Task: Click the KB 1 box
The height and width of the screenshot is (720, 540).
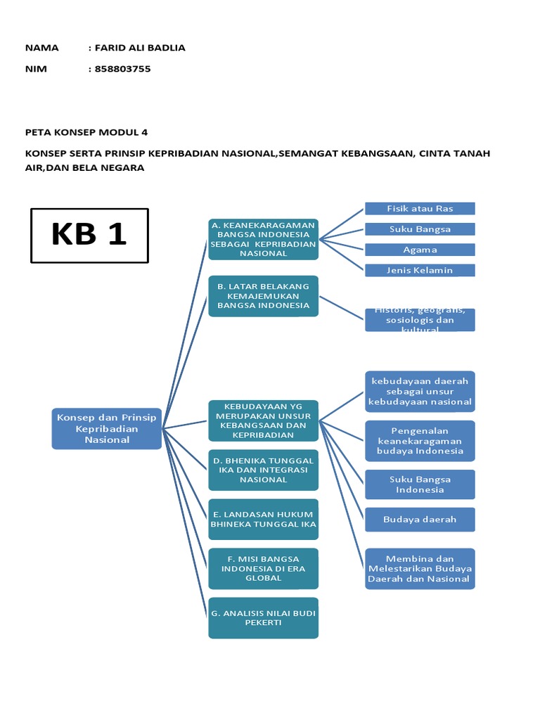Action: (89, 235)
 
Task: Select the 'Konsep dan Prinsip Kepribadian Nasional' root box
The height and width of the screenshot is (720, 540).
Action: (108, 428)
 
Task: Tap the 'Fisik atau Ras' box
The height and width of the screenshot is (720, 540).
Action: (420, 208)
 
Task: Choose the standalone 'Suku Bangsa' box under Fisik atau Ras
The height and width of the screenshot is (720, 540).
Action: (420, 229)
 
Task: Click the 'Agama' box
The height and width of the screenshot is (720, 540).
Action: (420, 249)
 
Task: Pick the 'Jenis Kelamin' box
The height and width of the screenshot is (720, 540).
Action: (420, 270)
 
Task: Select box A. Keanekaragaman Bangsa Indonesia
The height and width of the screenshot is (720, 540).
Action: (263, 239)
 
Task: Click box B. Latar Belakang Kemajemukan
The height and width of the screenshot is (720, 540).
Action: (263, 296)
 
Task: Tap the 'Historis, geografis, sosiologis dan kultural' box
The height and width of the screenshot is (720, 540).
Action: (420, 319)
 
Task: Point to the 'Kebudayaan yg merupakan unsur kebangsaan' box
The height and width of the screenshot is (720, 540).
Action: (263, 420)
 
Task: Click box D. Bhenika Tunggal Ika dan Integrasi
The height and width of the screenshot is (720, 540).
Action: (263, 470)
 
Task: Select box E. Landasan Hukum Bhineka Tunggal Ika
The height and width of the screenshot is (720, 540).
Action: (263, 519)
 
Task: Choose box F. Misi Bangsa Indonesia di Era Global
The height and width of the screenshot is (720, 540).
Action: (263, 568)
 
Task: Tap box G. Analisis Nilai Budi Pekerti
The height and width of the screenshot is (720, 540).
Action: (263, 617)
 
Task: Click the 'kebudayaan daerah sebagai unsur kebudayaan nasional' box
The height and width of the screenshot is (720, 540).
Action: (420, 391)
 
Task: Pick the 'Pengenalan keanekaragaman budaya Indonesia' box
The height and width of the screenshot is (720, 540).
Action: (420, 441)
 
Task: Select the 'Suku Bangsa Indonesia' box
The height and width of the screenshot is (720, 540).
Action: (420, 484)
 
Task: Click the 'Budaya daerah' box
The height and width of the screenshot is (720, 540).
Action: (420, 519)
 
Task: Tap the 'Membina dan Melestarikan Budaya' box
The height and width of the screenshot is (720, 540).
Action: (420, 569)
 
